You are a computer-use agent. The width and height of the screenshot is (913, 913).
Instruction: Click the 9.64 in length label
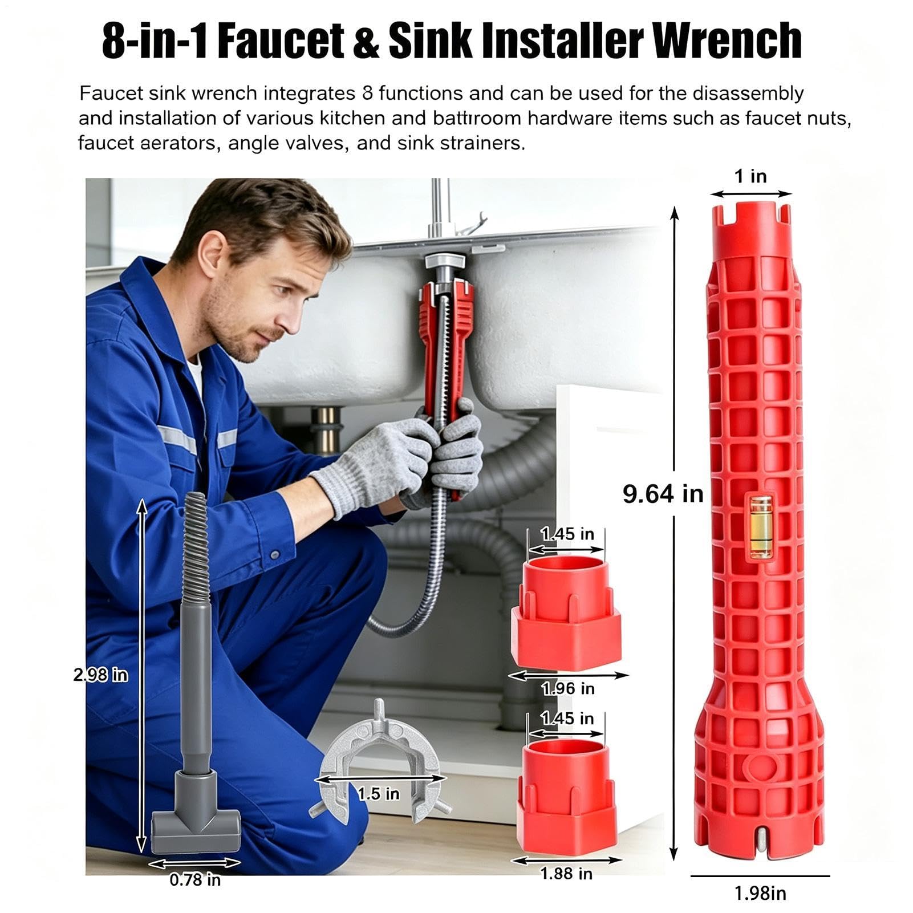coord(663,493)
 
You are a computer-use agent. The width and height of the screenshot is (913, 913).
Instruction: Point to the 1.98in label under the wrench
coord(760,893)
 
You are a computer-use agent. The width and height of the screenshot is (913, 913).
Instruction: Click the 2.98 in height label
coord(101,675)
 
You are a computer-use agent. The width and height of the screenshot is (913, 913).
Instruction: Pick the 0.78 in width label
coord(195,880)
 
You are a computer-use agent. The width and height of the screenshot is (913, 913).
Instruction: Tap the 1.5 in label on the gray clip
coord(379,794)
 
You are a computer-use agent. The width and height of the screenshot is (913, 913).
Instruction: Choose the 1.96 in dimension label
coord(568,689)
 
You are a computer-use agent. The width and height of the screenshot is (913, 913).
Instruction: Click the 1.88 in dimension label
coord(566,874)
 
